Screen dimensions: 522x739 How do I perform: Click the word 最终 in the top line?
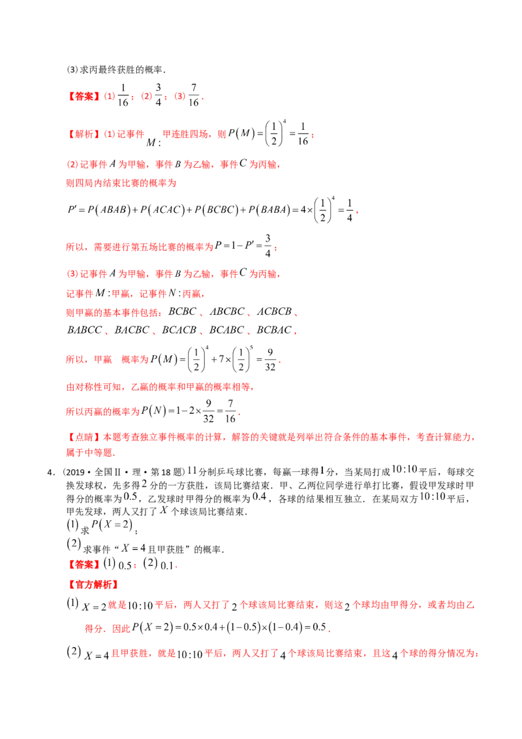click(108, 70)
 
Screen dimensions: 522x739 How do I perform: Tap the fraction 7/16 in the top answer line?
click(194, 95)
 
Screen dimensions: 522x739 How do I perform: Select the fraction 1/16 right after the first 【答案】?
click(123, 95)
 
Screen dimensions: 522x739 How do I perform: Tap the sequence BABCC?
click(85, 330)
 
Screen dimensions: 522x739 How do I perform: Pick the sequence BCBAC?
click(273, 330)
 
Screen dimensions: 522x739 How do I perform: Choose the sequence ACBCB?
click(274, 311)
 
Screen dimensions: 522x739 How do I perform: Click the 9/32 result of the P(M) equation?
click(270, 360)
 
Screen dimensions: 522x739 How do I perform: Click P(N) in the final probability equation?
click(154, 411)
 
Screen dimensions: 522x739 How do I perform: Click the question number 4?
click(50, 472)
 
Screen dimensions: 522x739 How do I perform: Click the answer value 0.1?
click(167, 565)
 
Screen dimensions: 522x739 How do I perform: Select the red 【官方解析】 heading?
click(93, 585)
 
